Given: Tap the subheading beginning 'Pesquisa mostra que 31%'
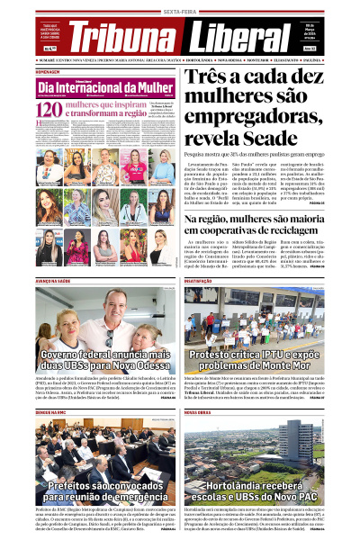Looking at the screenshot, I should pos(268,193).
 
